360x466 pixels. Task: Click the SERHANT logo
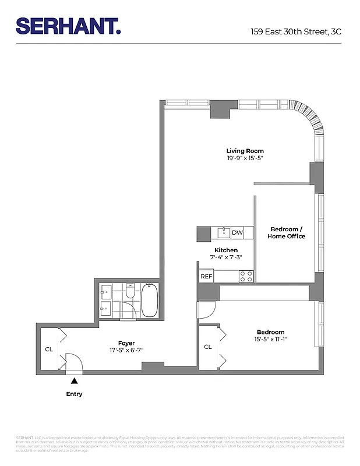tap(69, 26)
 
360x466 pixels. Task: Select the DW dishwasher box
tap(238, 233)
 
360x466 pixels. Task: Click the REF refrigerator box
tap(206, 277)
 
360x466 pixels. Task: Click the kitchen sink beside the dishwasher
tap(224, 233)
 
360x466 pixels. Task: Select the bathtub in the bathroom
tap(149, 300)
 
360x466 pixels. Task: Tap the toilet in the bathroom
tap(130, 291)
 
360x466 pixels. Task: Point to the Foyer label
tap(127, 343)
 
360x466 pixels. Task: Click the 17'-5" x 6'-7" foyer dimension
tap(127, 350)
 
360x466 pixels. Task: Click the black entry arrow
tap(74, 381)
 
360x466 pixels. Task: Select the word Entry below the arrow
tap(74, 394)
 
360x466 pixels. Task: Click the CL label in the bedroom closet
tap(208, 347)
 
